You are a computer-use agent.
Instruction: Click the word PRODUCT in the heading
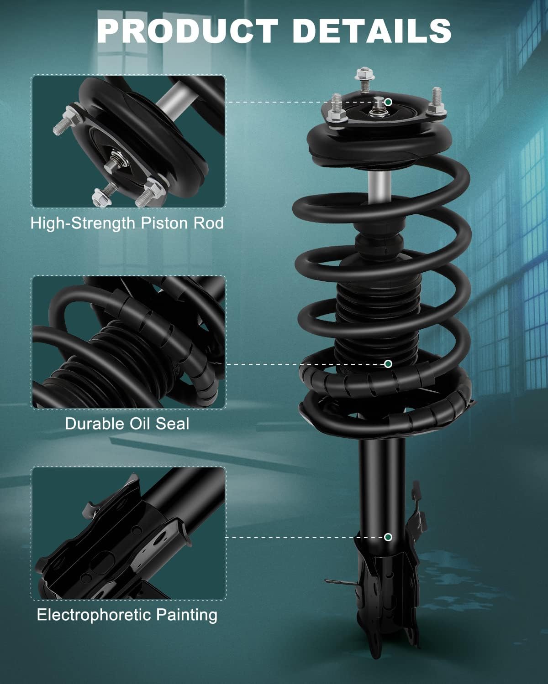click(x=188, y=31)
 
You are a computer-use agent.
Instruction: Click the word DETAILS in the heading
click(x=372, y=31)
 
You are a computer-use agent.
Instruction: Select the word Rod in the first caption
click(x=209, y=223)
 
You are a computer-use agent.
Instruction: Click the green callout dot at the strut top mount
click(x=388, y=102)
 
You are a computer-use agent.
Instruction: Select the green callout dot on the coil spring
click(x=388, y=363)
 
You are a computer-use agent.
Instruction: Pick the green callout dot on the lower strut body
click(x=388, y=537)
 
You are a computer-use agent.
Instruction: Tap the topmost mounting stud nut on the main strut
click(x=364, y=74)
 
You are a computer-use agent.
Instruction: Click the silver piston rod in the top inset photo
click(x=173, y=99)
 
